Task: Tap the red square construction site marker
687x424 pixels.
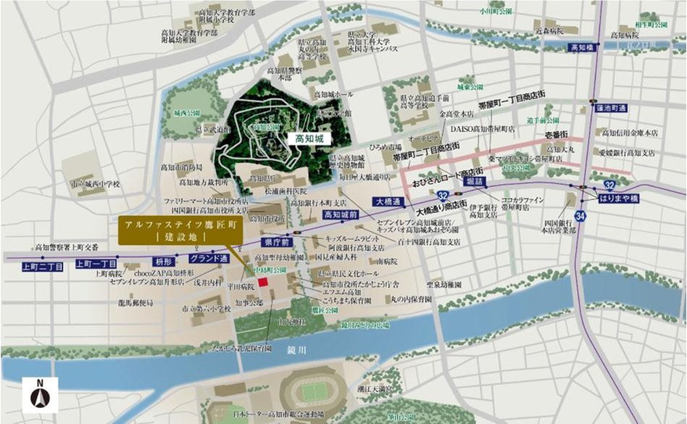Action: point(264,282)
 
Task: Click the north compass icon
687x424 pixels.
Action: point(40,396)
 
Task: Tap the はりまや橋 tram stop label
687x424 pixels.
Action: point(618,196)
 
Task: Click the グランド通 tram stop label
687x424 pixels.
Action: point(209,258)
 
